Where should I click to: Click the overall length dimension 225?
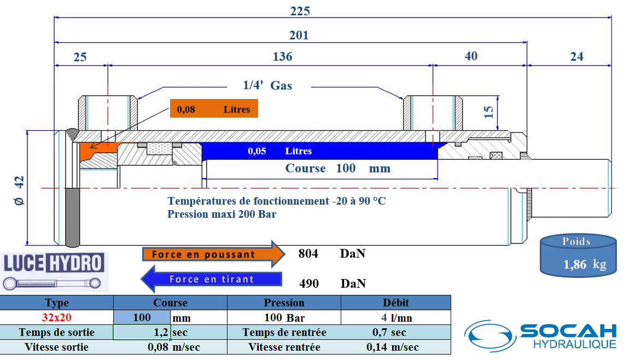[300, 11]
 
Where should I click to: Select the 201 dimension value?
[299, 36]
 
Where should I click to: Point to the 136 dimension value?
[282, 56]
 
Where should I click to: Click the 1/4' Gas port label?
[267, 85]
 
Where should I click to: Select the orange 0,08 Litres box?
[213, 109]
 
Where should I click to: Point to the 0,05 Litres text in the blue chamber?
[279, 151]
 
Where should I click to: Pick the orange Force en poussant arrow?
[213, 254]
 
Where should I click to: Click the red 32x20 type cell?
[57, 317]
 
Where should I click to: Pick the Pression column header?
[284, 303]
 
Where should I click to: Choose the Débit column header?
[396, 303]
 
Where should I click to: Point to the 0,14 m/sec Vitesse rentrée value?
[392, 347]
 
